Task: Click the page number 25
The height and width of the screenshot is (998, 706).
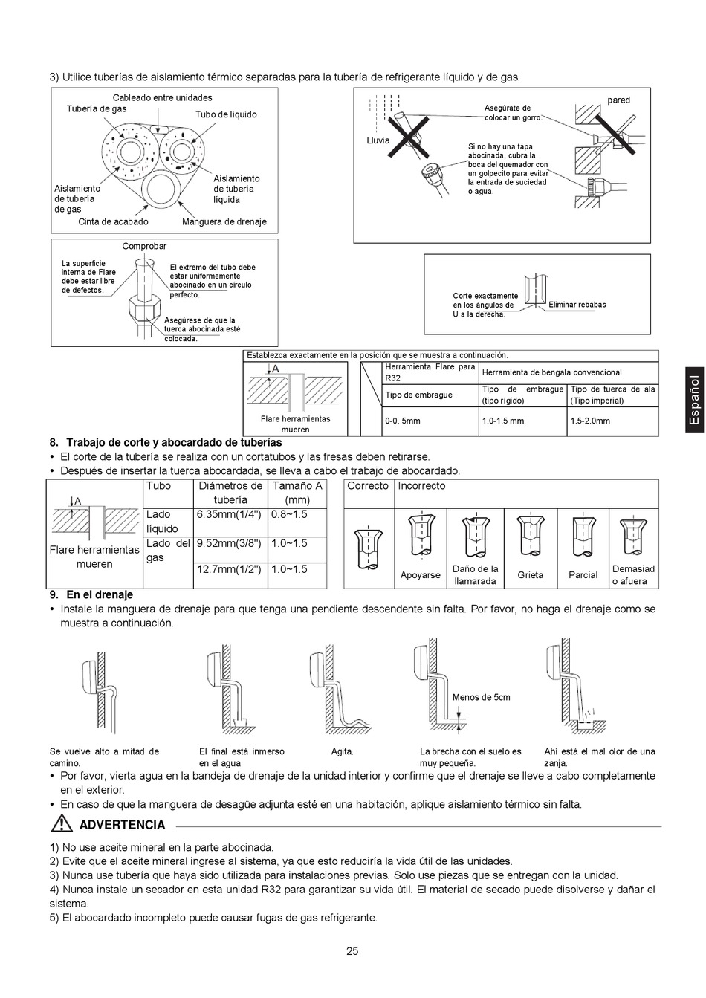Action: point(352,951)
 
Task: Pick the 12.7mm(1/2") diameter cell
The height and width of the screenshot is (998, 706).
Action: point(229,569)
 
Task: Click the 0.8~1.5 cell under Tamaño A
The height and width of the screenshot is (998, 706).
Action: point(289,514)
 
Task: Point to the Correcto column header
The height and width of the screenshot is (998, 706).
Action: point(368,486)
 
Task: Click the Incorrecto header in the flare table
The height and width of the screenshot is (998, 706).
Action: point(421,486)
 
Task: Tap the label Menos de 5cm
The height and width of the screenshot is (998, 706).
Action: point(482,697)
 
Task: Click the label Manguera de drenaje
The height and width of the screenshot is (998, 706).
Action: point(224,221)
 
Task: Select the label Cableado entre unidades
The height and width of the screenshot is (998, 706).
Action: point(162,97)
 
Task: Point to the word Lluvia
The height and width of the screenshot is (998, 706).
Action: point(378,140)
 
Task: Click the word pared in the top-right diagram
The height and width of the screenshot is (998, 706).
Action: point(618,100)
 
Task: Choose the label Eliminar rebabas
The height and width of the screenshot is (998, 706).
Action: point(577,305)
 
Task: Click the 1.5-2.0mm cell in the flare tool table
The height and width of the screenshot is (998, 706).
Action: point(591,421)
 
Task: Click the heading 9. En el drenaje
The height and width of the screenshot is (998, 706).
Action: point(91,594)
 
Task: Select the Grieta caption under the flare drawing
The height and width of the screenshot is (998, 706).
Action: point(530,574)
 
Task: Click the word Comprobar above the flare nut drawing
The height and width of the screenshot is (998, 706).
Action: point(144,246)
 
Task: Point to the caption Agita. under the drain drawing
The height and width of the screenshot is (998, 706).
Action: point(342,751)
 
